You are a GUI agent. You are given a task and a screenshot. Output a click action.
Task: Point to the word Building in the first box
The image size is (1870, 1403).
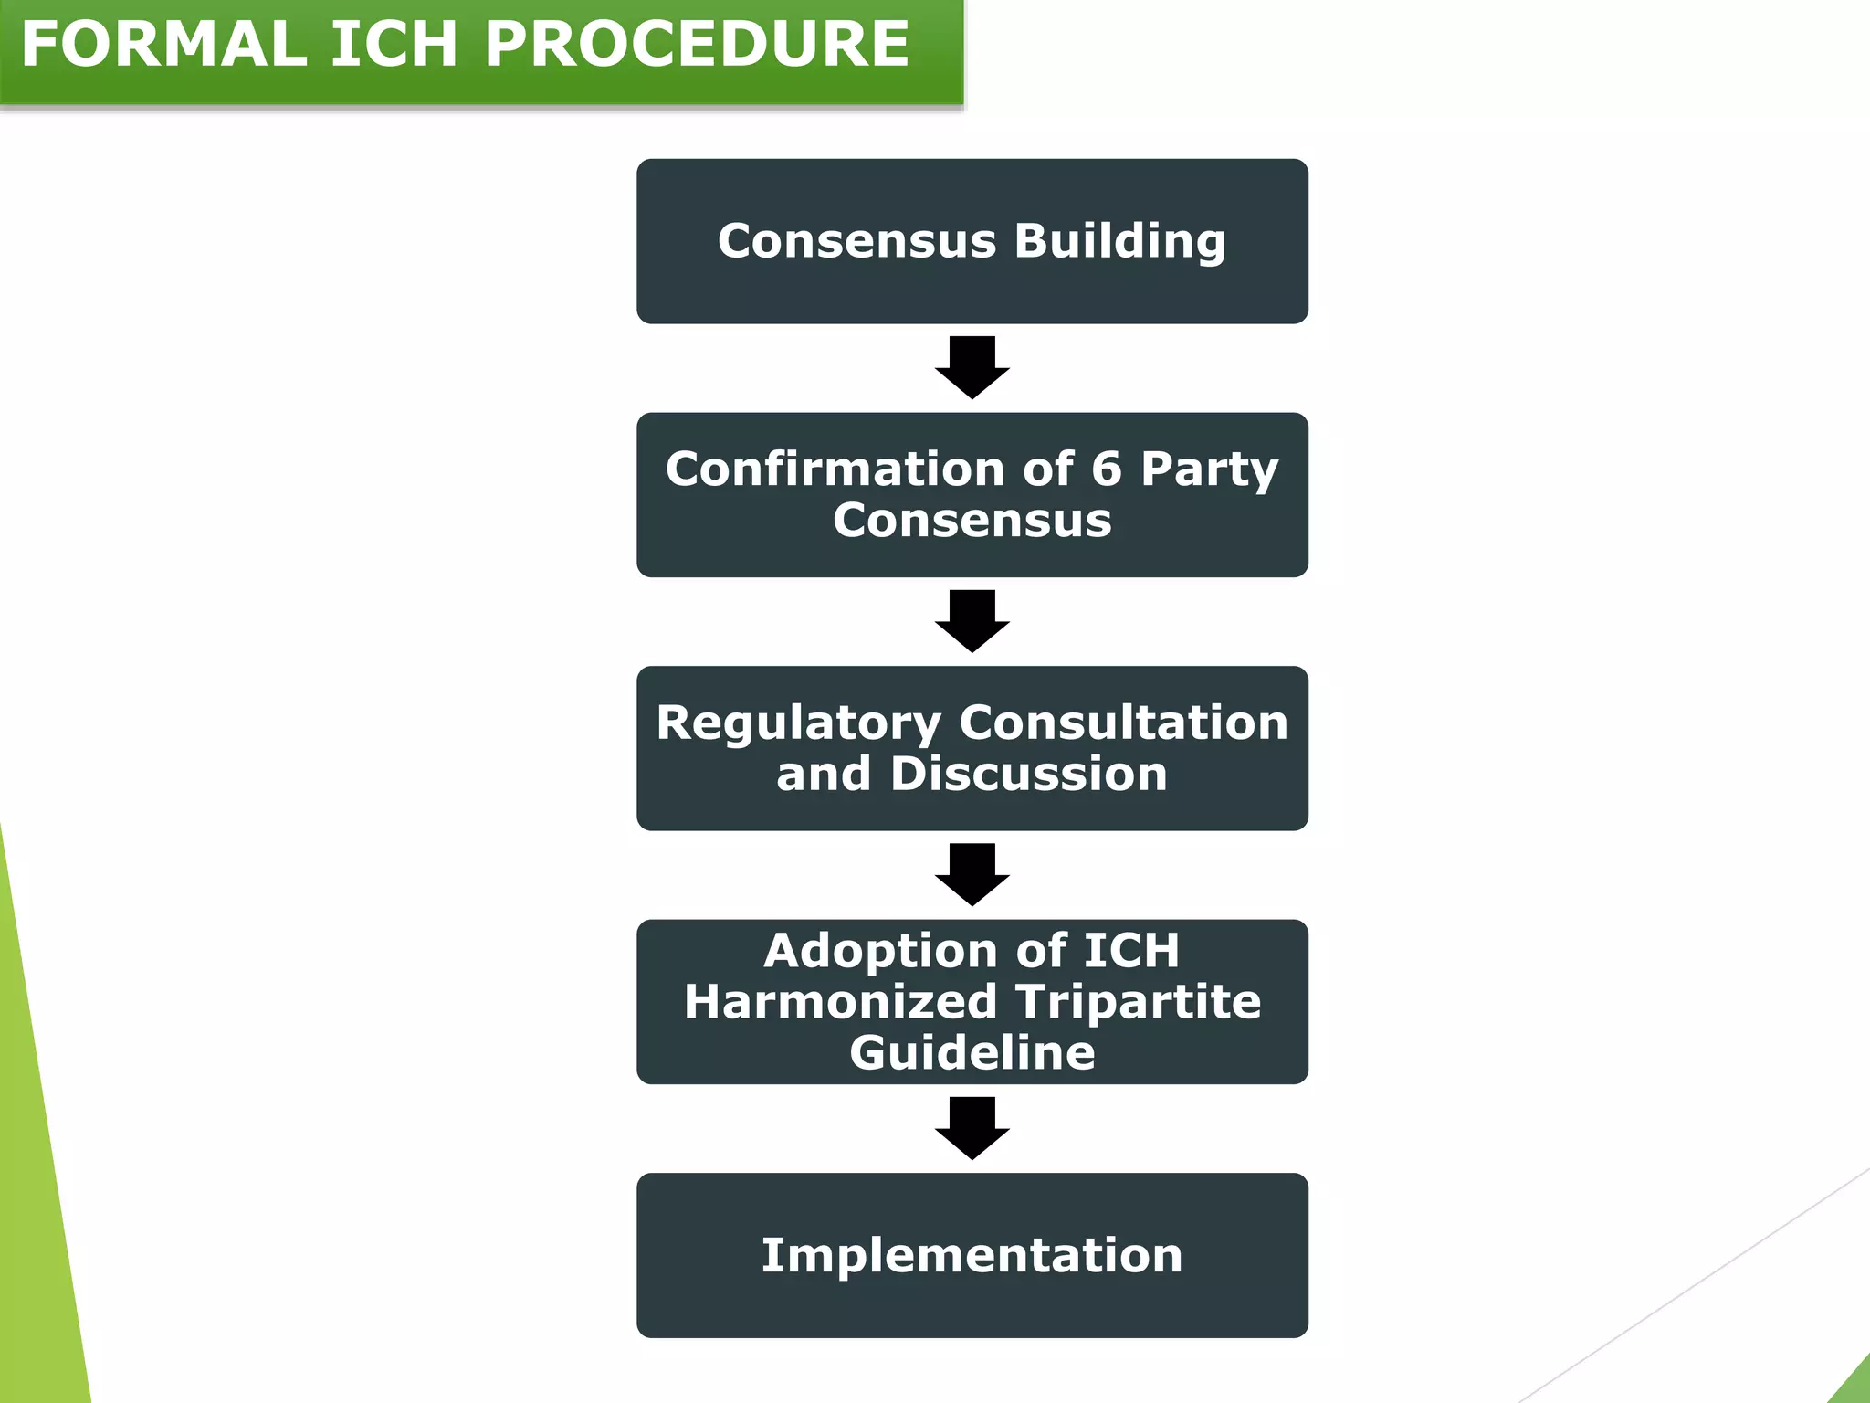point(1119,242)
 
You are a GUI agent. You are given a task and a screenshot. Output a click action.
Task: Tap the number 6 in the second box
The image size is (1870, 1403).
point(1106,469)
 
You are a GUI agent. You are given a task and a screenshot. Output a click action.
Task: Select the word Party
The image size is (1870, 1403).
point(1209,470)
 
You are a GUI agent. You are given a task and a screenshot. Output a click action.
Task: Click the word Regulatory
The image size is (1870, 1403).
point(798,723)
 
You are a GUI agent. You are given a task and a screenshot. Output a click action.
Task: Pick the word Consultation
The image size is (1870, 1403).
point(1123,723)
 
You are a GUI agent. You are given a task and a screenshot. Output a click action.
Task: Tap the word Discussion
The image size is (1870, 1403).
point(1028,774)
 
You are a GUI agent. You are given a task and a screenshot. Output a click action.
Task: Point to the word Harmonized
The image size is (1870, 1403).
point(839,1001)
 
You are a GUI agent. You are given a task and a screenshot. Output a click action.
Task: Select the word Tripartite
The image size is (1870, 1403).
point(1138,1002)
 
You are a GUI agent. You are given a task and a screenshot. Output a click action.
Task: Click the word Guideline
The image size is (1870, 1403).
point(972,1052)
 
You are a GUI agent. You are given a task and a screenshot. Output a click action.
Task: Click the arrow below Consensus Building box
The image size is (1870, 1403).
point(972,367)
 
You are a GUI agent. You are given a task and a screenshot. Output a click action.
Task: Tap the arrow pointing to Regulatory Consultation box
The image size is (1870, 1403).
point(972,621)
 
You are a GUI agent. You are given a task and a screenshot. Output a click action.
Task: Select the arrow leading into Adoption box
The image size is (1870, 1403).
point(972,874)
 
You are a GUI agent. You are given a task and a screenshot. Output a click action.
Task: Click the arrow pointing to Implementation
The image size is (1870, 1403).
point(972,1128)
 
